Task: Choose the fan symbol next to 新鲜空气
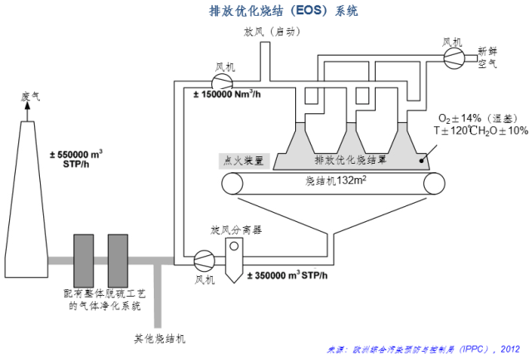pos(452,56)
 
